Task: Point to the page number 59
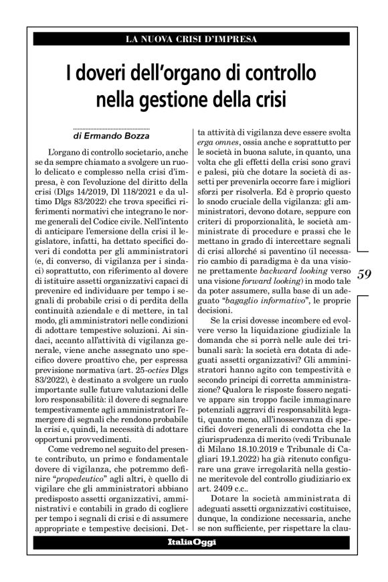click(x=365, y=273)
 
